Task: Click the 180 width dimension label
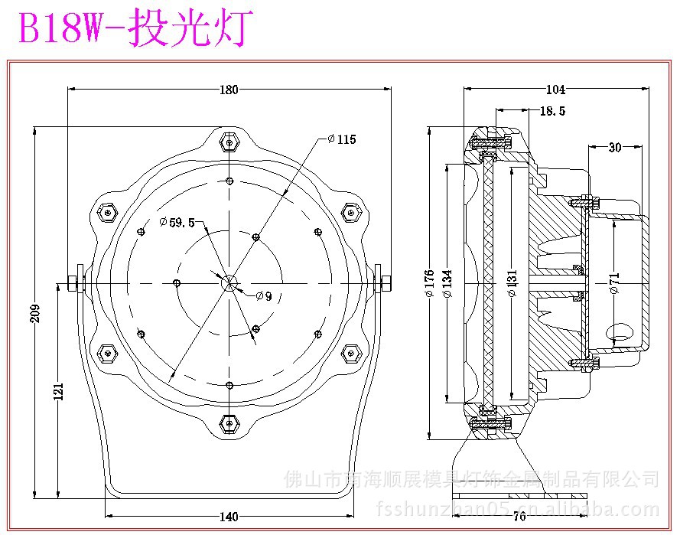[x=229, y=90]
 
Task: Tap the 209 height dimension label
[x=34, y=312]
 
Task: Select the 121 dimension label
[x=58, y=390]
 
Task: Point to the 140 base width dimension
[x=229, y=516]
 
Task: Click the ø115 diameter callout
[x=341, y=139]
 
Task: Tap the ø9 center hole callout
[x=263, y=295]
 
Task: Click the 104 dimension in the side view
[x=556, y=90]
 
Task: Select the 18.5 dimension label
[x=552, y=112]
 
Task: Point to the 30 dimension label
[x=615, y=148]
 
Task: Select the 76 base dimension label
[x=519, y=516]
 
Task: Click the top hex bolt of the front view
[x=229, y=142]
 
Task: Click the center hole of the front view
[x=229, y=282]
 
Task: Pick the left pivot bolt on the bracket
[x=74, y=283]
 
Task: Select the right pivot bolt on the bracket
[x=385, y=283]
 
